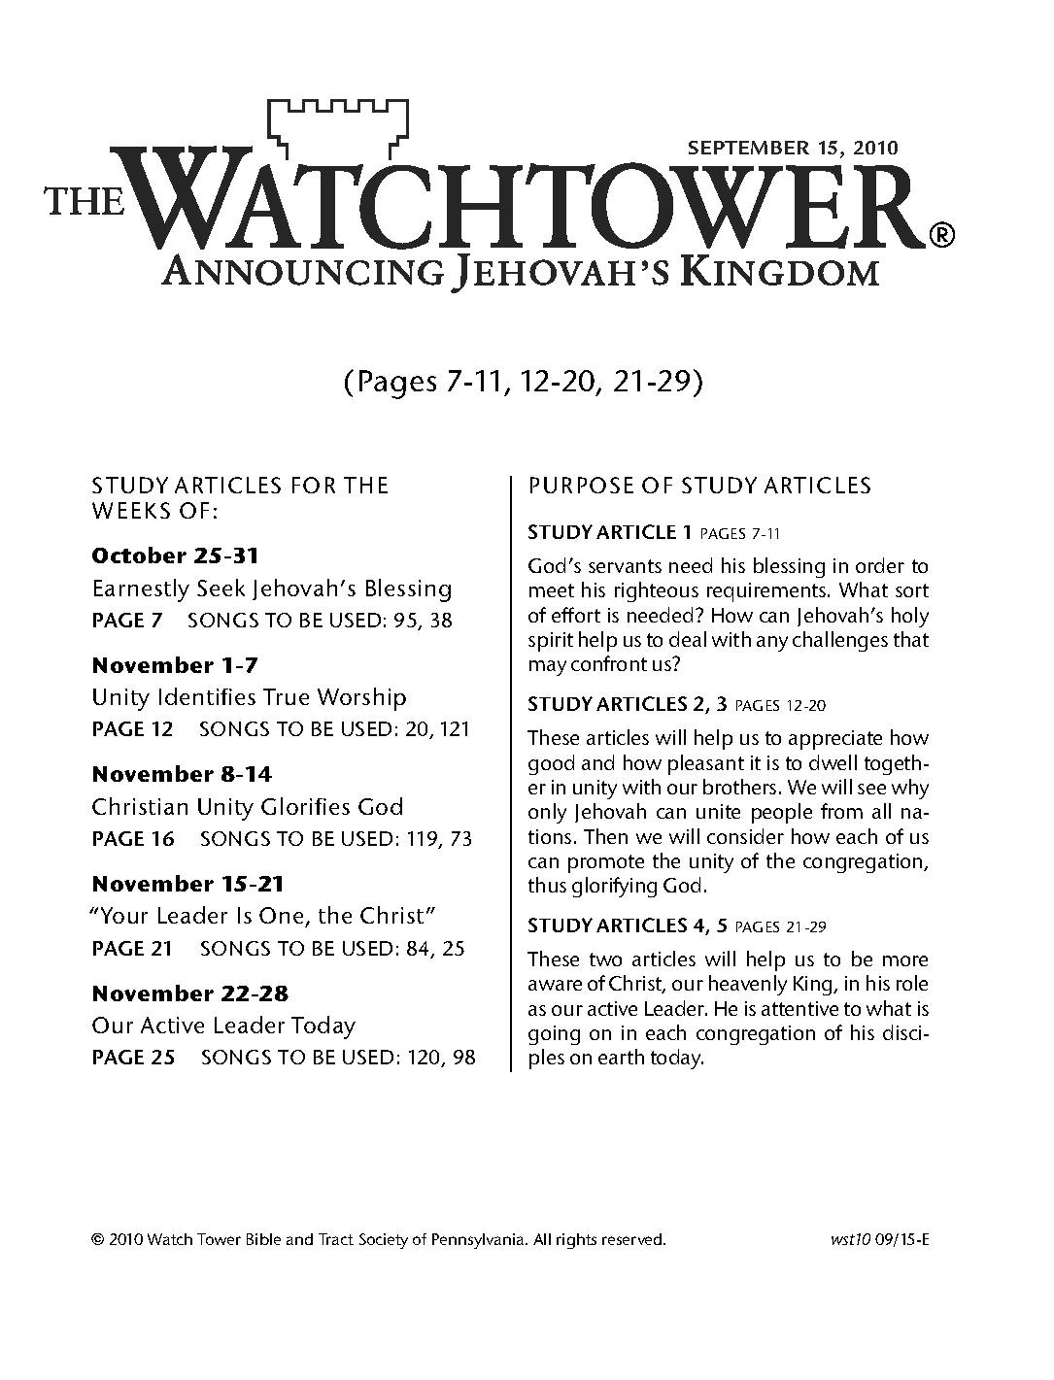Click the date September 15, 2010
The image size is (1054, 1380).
(793, 149)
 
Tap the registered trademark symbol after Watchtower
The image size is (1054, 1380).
(941, 235)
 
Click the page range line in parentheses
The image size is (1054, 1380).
(523, 383)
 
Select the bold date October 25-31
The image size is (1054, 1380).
(175, 556)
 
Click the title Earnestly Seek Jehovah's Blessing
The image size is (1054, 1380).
(272, 589)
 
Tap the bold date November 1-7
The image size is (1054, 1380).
(174, 665)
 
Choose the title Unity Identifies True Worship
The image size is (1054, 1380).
(249, 697)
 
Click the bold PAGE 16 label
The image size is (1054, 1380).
(133, 839)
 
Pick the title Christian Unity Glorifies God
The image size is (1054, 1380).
(248, 807)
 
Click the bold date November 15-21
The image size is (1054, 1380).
(187, 884)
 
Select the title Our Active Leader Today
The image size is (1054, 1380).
(223, 1026)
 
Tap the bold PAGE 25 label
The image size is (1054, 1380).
(133, 1058)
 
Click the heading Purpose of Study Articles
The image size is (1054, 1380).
(699, 486)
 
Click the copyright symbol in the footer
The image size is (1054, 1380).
(97, 1240)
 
